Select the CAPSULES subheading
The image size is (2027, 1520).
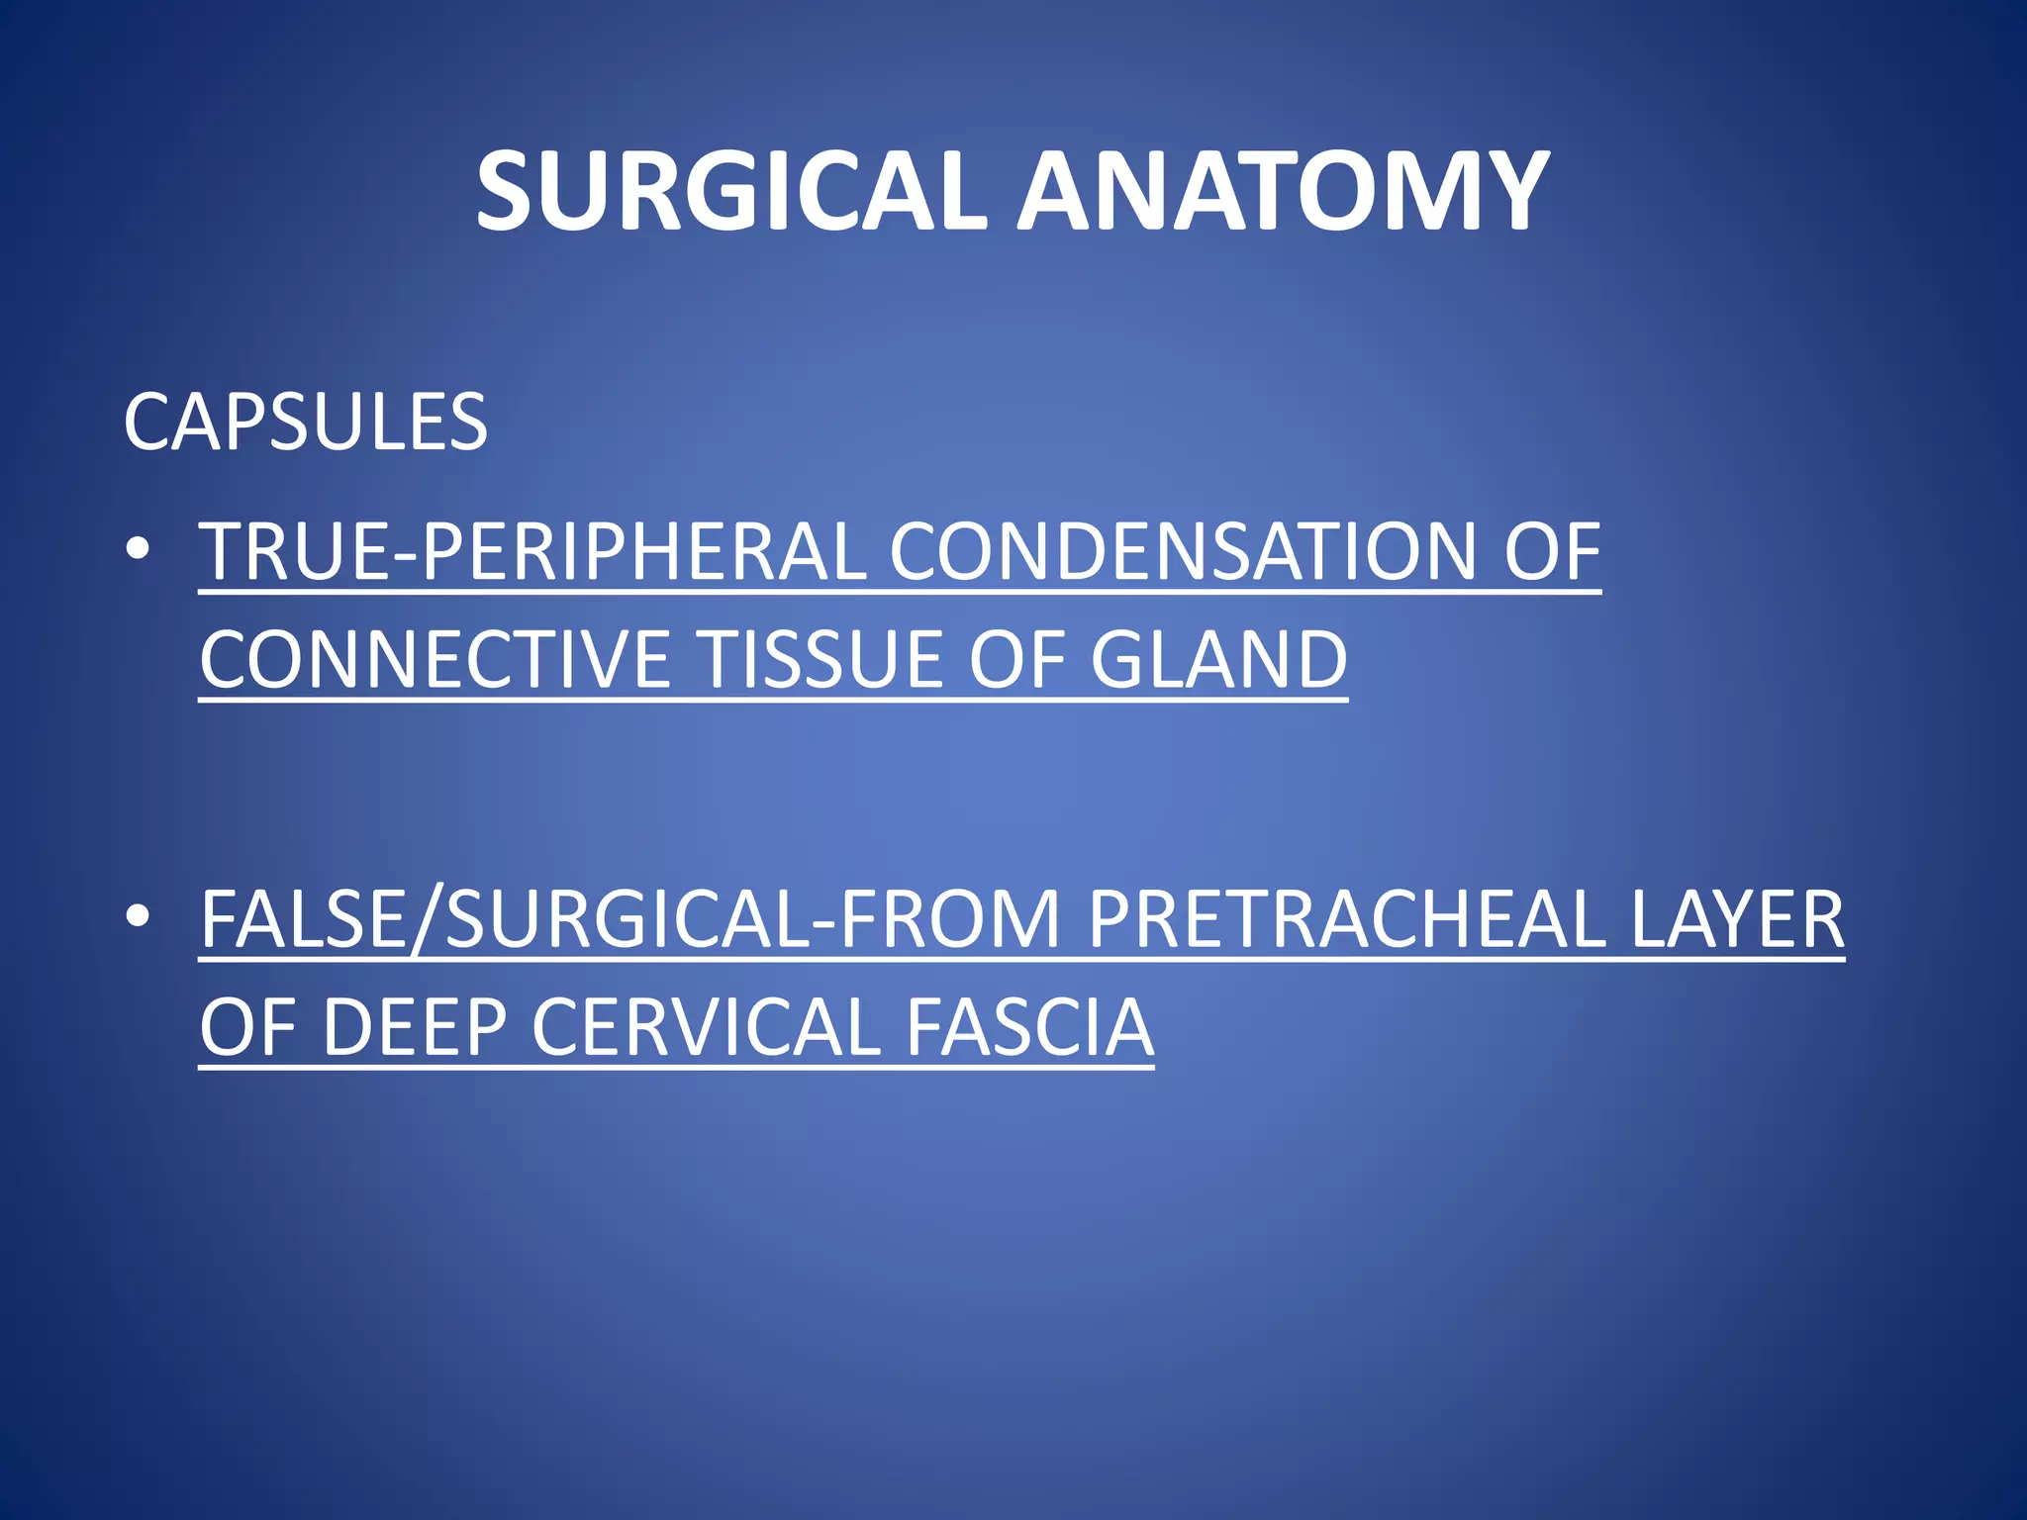tap(305, 423)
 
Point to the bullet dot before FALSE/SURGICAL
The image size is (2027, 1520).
tap(139, 917)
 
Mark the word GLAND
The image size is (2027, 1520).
tap(1218, 660)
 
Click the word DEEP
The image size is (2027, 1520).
tap(415, 1028)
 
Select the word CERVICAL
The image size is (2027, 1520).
tap(706, 1028)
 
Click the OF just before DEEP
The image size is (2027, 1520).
tap(247, 1028)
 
